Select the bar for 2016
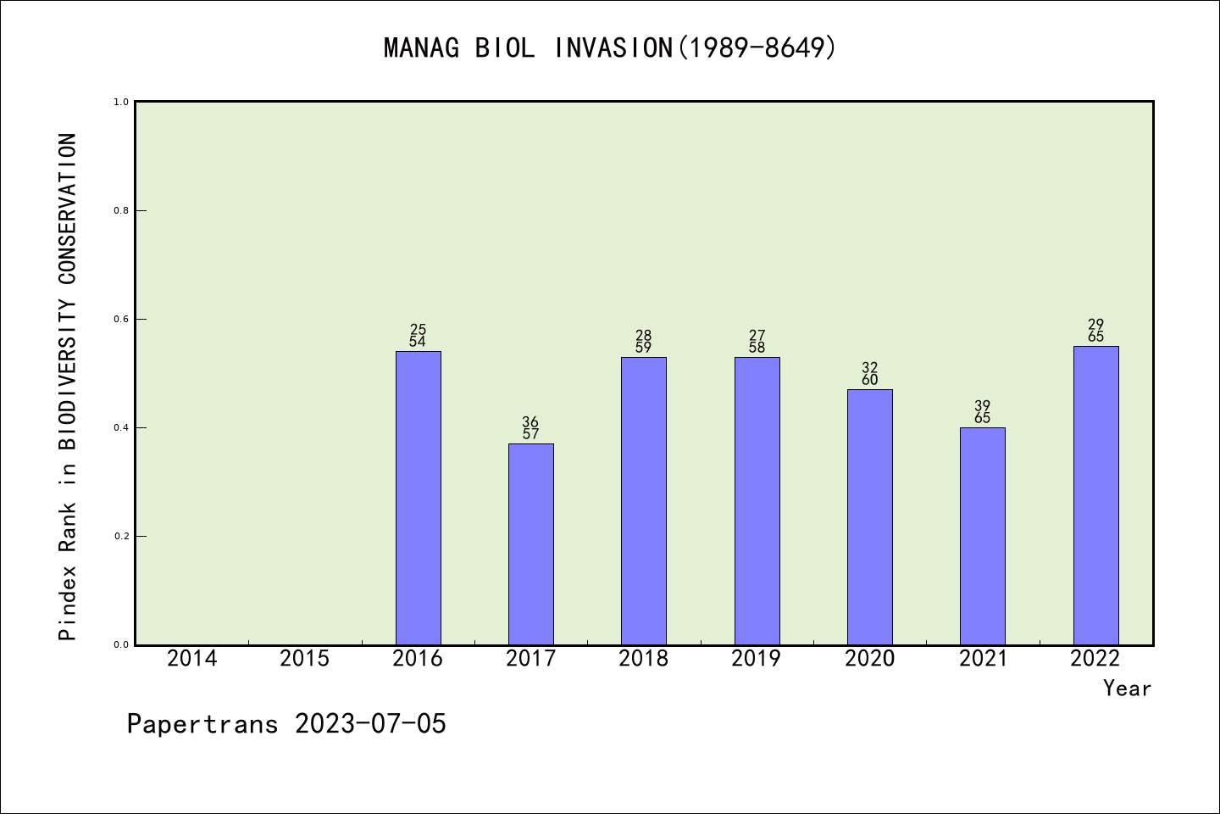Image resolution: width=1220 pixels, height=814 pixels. click(418, 498)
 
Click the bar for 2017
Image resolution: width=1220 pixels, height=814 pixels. click(530, 544)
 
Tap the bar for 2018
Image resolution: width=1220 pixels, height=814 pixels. click(643, 500)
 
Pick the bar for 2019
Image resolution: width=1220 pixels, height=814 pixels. click(757, 500)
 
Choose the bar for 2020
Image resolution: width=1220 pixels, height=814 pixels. click(869, 516)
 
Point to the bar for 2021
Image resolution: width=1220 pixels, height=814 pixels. click(982, 536)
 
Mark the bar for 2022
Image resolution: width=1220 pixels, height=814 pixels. click(1095, 495)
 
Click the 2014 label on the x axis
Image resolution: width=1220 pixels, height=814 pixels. click(191, 659)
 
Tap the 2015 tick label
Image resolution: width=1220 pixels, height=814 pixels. click(304, 659)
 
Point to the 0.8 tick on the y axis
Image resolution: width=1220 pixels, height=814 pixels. click(121, 210)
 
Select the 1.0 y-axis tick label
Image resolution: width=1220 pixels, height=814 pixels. click(121, 102)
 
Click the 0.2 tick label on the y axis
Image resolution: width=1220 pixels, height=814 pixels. click(121, 536)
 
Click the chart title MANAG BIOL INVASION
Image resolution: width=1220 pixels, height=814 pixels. click(610, 47)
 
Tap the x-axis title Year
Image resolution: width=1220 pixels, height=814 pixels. click(1127, 689)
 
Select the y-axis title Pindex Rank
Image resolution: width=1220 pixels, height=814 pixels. click(68, 386)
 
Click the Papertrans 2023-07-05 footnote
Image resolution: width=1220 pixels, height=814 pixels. click(286, 724)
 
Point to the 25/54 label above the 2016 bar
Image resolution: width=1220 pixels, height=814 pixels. click(418, 336)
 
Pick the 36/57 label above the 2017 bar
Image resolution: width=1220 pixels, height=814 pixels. click(530, 428)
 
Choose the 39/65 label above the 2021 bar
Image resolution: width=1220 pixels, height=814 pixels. click(982, 412)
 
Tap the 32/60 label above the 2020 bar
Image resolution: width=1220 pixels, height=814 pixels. click(869, 374)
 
